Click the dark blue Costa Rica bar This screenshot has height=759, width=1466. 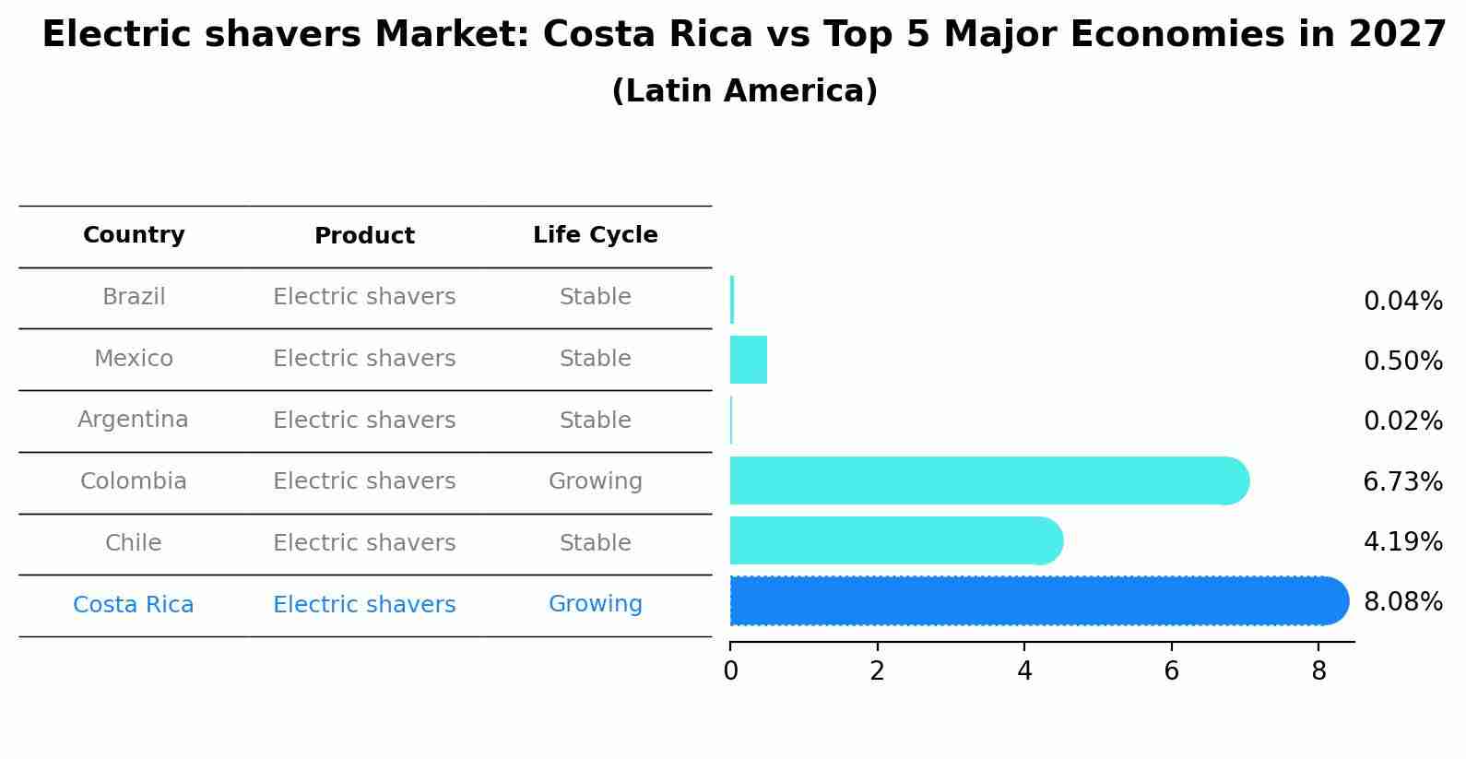coord(1033,600)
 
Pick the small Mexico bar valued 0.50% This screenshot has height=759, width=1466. coord(748,360)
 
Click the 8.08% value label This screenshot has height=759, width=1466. coord(1402,602)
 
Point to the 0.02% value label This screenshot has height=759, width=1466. coord(1402,421)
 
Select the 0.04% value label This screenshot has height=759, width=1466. coord(1402,302)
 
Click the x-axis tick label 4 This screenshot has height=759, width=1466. coord(1024,671)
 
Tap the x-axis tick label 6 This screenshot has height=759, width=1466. coord(1171,671)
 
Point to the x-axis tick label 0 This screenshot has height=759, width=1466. coord(730,671)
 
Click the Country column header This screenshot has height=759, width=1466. coord(134,235)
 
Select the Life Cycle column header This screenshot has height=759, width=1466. coord(595,235)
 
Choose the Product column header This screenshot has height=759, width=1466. coord(364,236)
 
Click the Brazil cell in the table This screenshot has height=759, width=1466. coord(134,297)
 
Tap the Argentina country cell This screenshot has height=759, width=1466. coord(133,420)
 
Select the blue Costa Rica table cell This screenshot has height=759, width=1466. coord(134,605)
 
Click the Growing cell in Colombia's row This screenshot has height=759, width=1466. coord(595,481)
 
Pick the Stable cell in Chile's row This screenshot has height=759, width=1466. coord(595,543)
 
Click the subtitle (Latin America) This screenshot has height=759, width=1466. coord(744,91)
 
